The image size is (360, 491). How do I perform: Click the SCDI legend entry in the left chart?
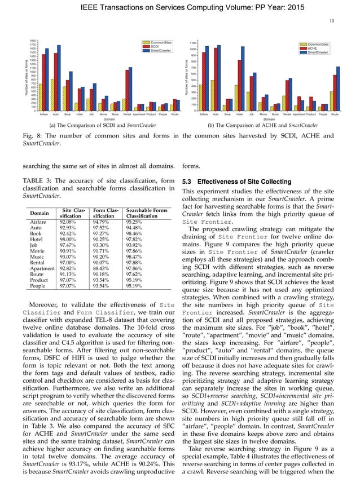(156, 47)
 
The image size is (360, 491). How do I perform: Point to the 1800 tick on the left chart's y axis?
(33, 41)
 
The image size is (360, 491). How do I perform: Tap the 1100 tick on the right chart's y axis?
(192, 43)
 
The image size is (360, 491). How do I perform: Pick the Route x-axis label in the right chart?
(335, 114)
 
